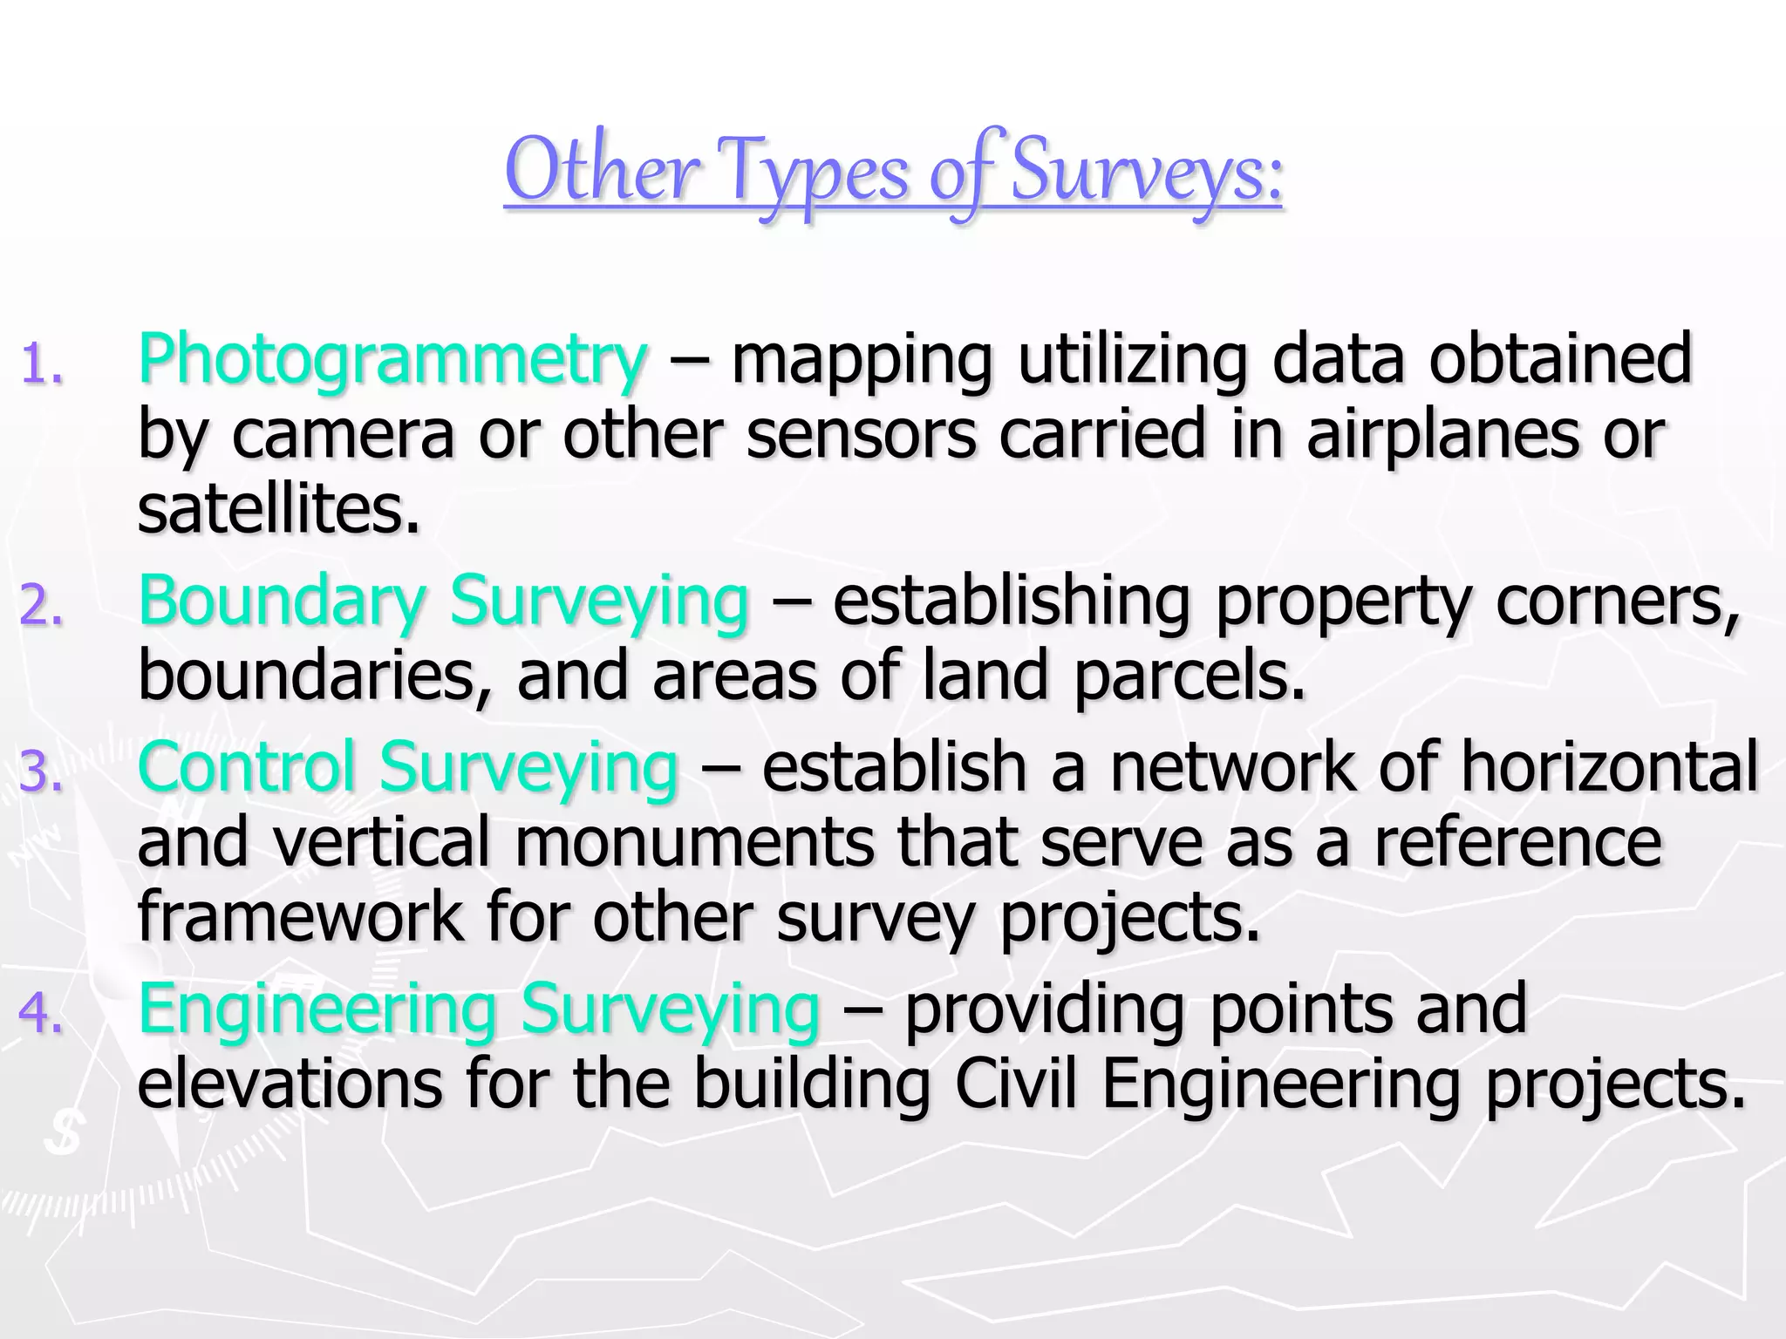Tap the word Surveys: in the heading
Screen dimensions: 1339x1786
pos(1146,172)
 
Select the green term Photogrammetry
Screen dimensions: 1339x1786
pos(392,359)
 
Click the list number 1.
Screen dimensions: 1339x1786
pos(41,364)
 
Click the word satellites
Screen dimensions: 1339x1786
pos(278,509)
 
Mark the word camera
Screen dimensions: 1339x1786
pos(343,434)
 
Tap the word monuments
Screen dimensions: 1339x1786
pos(695,842)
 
